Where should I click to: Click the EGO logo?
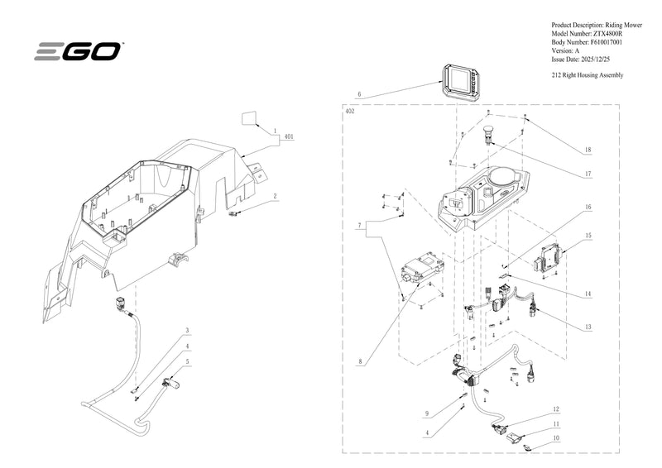[x=78, y=51]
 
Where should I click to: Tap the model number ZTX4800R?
[x=607, y=34]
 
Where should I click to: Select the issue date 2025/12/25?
[x=595, y=59]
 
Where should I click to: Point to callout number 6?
[x=359, y=94]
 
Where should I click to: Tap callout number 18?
[x=588, y=150]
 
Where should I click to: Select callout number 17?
[x=588, y=174]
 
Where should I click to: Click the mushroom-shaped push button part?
[x=489, y=134]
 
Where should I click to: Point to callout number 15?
[x=588, y=236]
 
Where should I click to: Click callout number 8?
[x=360, y=361]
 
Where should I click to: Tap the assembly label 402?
[x=350, y=112]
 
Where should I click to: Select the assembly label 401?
[x=289, y=136]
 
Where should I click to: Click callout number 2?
[x=275, y=196]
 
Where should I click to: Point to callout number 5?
[x=188, y=361]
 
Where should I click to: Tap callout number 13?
[x=588, y=327]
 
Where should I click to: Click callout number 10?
[x=556, y=438]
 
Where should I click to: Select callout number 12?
[x=556, y=409]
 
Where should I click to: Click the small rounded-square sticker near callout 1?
[x=249, y=117]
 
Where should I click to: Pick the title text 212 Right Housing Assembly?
[x=588, y=75]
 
